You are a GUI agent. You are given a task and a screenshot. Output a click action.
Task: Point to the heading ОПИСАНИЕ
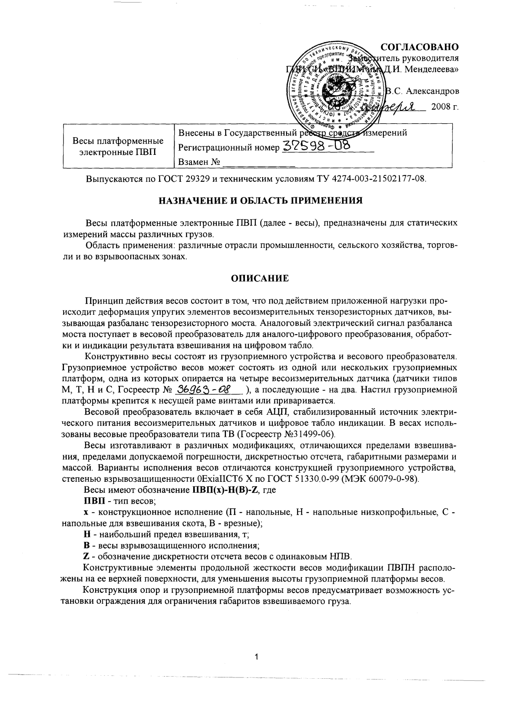click(260, 278)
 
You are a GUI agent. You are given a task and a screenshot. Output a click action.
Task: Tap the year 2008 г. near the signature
click(444, 107)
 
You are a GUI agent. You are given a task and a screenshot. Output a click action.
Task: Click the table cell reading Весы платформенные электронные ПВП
click(118, 146)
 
